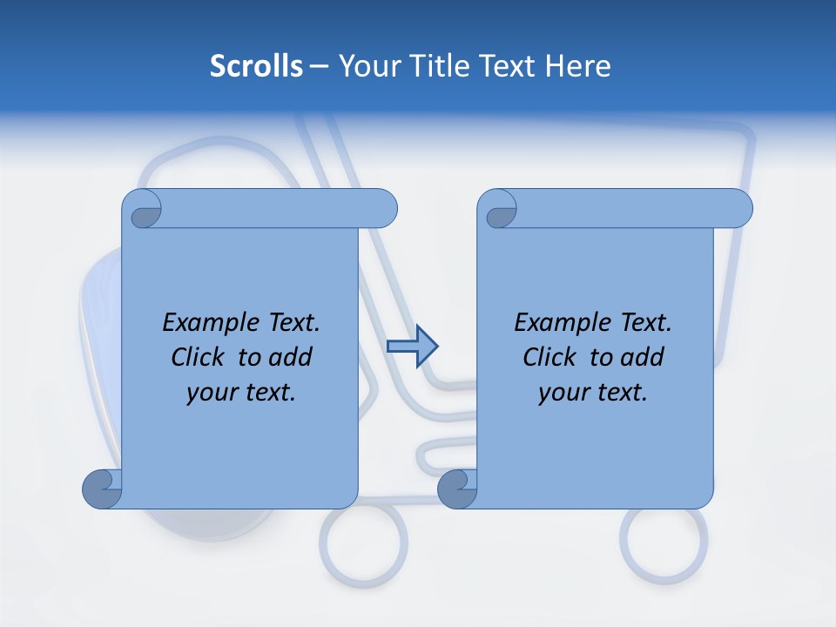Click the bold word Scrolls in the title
tap(257, 66)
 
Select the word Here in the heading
tap(577, 66)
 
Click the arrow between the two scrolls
tap(412, 347)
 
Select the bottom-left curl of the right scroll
tap(456, 489)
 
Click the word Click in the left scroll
tap(199, 357)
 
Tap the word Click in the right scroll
tap(550, 357)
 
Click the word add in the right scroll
tap(643, 357)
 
